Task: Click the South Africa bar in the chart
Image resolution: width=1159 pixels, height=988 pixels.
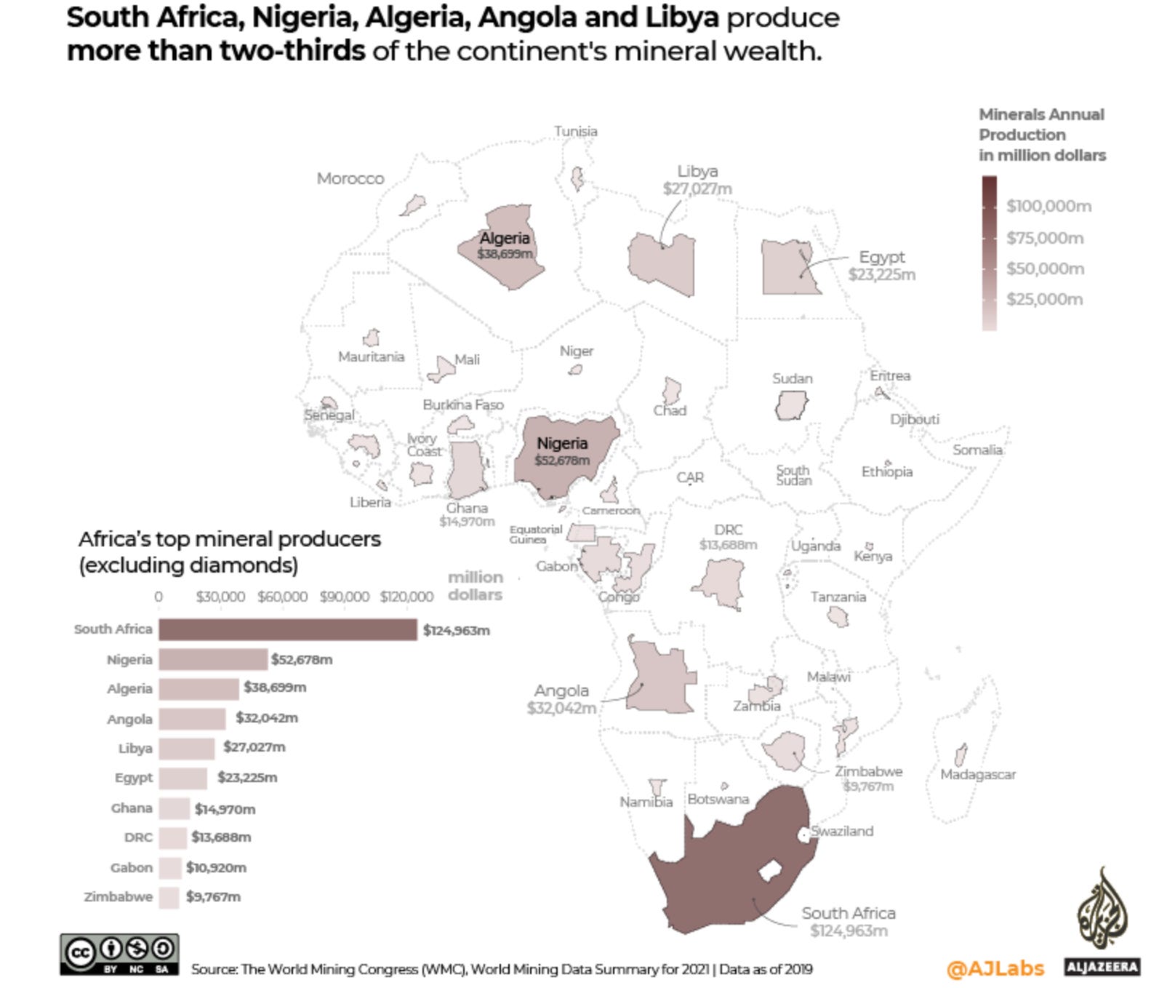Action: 287,629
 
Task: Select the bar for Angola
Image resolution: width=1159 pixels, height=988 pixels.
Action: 192,719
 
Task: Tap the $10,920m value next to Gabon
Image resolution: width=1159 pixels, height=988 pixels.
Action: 216,867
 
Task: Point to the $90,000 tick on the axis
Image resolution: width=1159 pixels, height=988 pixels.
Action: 344,597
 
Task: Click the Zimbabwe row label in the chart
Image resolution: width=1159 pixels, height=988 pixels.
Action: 119,896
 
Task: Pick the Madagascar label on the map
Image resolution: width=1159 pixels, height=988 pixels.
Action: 977,774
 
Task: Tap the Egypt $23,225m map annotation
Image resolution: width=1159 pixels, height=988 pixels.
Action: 881,266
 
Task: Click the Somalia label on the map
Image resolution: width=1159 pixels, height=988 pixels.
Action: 977,450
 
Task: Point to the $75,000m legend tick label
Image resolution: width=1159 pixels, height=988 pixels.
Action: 1044,238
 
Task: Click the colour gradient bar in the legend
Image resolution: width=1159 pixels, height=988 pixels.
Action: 989,252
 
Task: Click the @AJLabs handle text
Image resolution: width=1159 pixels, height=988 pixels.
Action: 995,968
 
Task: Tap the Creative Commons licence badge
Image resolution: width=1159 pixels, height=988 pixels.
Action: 119,954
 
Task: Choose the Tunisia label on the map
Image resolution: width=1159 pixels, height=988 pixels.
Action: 575,131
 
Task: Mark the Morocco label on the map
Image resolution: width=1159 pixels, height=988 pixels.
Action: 350,178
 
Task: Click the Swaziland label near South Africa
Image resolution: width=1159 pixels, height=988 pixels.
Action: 842,831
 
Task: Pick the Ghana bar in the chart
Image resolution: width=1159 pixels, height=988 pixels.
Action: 174,808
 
